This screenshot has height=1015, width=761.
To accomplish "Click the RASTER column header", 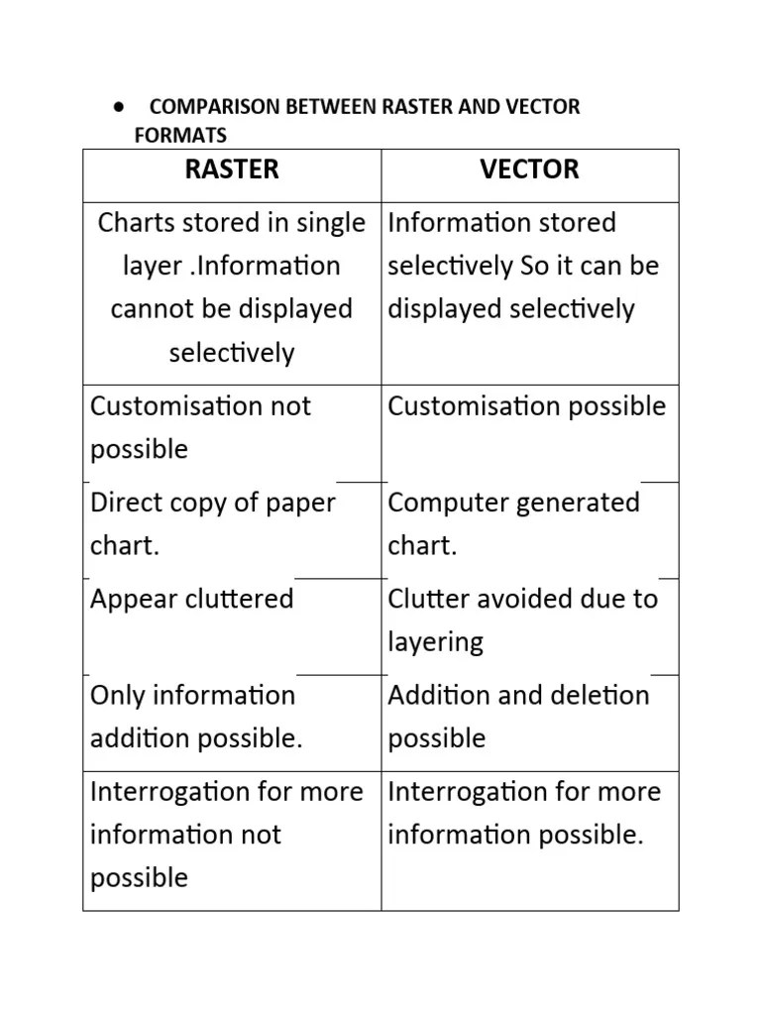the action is click(x=232, y=169).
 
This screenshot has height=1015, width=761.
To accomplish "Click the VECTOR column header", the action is click(x=529, y=169).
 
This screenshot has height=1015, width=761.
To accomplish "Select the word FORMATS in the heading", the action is click(x=180, y=135).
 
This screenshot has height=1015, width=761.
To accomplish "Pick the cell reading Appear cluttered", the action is click(x=192, y=600).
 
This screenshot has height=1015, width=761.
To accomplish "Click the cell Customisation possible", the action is click(x=527, y=406).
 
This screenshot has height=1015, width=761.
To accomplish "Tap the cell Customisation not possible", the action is click(x=200, y=427).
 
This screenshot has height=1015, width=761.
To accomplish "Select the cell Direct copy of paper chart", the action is click(x=213, y=523).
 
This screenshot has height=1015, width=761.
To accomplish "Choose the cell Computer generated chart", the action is click(x=514, y=523).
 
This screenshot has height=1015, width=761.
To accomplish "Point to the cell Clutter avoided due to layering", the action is click(x=523, y=620).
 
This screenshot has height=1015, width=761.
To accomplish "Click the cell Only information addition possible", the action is click(x=196, y=717).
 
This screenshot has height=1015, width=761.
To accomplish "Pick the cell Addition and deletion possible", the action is click(x=518, y=717).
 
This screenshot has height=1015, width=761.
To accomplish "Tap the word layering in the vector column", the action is click(x=436, y=642).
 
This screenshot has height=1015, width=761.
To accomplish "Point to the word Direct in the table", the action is click(x=124, y=503).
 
